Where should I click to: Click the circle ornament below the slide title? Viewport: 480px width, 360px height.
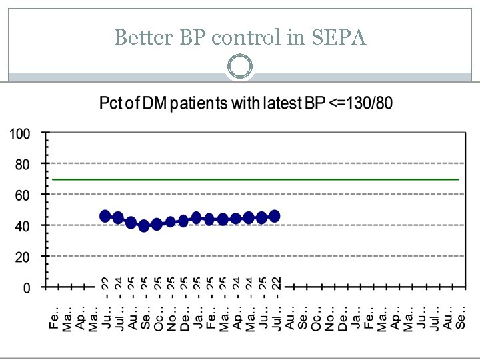[x=240, y=67]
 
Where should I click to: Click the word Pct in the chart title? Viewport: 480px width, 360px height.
[x=111, y=104]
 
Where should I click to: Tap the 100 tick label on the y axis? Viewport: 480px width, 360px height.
[x=19, y=133]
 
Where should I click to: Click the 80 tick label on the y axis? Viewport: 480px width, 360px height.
[x=23, y=164]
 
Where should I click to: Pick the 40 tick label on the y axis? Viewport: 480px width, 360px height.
[x=23, y=226]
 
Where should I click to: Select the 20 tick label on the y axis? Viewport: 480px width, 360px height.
[x=23, y=257]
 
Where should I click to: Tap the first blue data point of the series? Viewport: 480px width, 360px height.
[x=105, y=216]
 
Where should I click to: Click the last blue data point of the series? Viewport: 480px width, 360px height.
[x=275, y=216]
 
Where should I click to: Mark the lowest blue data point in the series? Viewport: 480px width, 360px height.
[x=144, y=226]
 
